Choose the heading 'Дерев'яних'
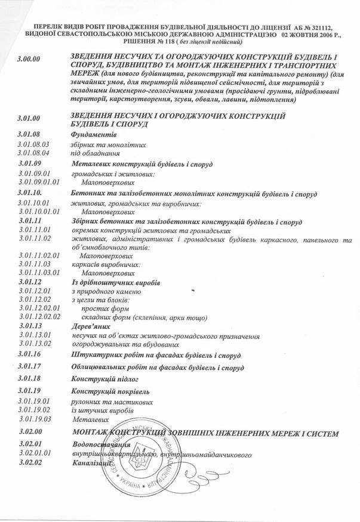pos(90,327)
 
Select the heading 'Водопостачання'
pos(101,444)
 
